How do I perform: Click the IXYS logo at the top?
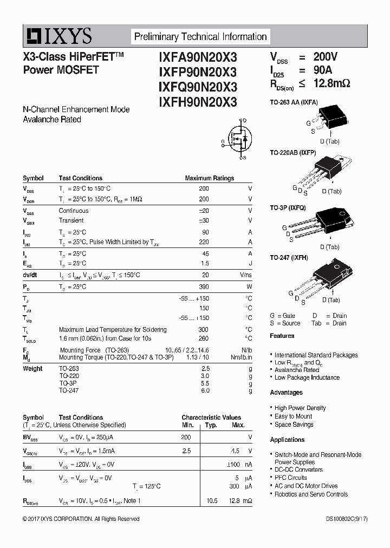57,36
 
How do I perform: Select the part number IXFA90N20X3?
198,57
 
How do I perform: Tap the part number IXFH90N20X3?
198,101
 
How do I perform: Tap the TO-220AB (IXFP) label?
293,153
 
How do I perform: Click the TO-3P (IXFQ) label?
288,207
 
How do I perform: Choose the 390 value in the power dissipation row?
204,286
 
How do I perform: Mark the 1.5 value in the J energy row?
205,263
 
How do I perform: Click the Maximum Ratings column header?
209,178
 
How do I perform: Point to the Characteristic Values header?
211,417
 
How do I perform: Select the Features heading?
282,336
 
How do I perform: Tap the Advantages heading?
286,393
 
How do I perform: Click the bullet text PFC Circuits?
290,478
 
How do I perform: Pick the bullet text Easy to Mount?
293,416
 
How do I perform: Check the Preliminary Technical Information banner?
200,37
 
